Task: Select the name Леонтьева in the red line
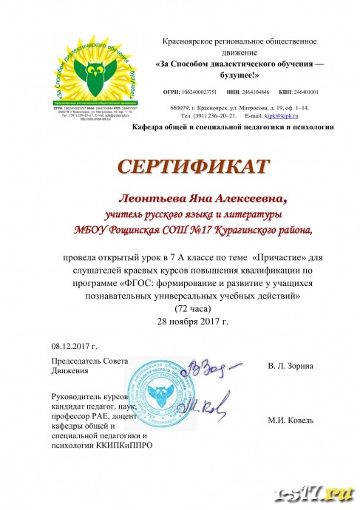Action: (150, 198)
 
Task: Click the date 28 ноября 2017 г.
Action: (194, 322)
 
